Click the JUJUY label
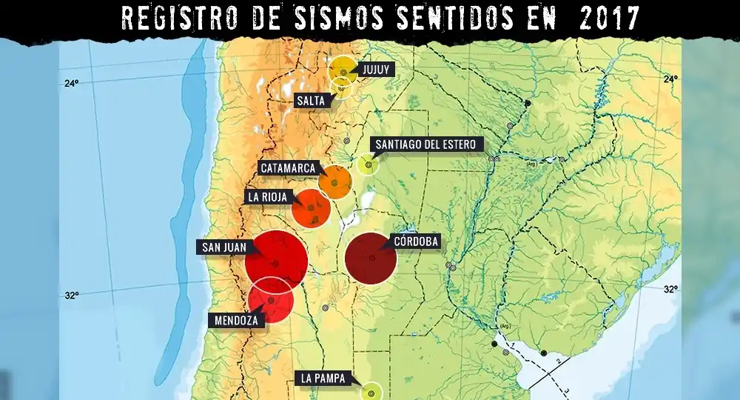tap(375, 70)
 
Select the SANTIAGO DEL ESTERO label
tap(425, 144)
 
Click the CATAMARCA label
tap(289, 168)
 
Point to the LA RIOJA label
tap(268, 197)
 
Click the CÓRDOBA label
tap(417, 241)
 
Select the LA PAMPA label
tap(322, 378)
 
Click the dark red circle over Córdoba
tap(371, 258)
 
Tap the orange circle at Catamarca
tap(334, 182)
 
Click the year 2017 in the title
tap(606, 18)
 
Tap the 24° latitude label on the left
tap(70, 83)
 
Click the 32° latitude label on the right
tap(670, 289)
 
